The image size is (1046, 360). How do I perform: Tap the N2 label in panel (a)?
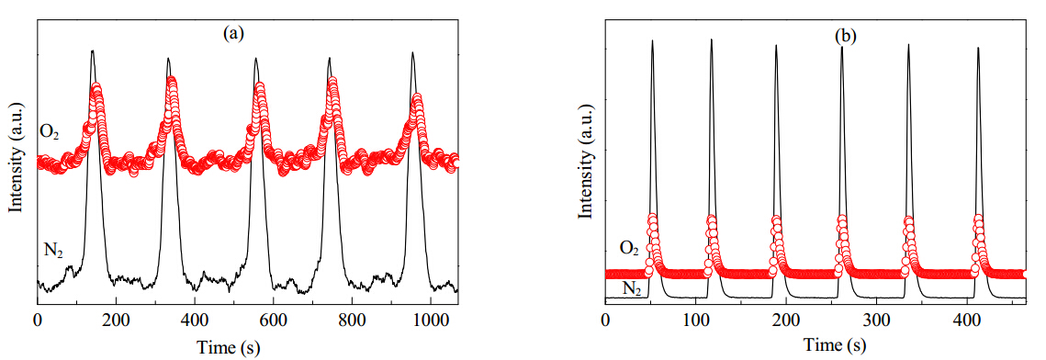click(51, 252)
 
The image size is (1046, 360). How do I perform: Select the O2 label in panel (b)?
click(630, 249)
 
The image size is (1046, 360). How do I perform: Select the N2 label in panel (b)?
click(632, 288)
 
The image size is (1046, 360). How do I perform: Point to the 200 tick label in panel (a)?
click(116, 320)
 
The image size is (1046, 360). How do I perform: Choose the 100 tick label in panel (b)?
click(696, 319)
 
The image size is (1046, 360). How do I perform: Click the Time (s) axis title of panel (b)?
click(835, 344)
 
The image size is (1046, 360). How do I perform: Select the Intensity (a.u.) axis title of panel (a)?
click(16, 158)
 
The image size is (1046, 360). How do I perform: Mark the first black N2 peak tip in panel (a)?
click(93, 50)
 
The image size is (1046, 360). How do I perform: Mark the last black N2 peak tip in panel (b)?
click(978, 48)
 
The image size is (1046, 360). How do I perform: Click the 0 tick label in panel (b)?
click(605, 319)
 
